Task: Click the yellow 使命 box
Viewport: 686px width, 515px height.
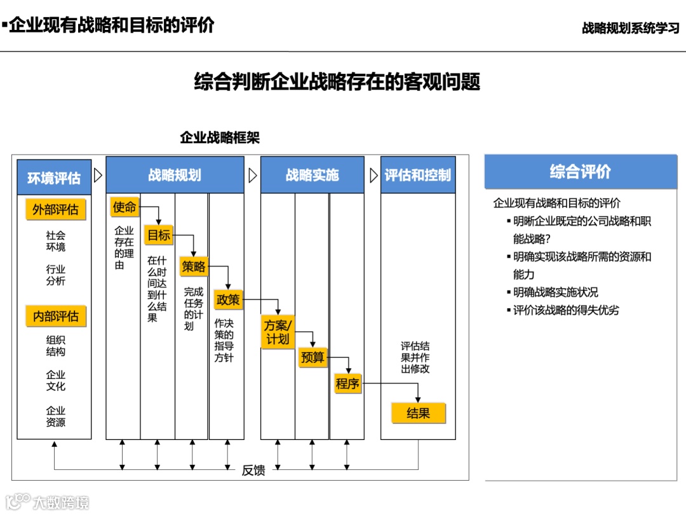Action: point(124,207)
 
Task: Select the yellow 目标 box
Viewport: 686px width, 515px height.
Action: point(159,235)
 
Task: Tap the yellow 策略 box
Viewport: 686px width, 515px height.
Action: point(194,266)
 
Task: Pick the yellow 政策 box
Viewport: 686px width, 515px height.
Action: point(228,299)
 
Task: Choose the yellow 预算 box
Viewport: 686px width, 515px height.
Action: point(313,358)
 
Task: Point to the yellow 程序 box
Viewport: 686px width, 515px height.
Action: point(347,383)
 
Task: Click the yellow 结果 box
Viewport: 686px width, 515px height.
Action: point(418,413)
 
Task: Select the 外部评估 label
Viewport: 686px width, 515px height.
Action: point(55,209)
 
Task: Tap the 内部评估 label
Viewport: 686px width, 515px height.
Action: point(55,316)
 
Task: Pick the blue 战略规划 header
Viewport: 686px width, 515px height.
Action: point(175,175)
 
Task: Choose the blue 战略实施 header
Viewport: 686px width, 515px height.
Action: point(312,175)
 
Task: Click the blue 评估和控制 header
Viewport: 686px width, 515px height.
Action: point(417,175)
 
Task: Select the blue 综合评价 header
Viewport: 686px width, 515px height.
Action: point(581,172)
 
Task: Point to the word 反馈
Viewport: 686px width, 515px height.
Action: point(253,470)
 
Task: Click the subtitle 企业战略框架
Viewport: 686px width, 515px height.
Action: point(220,137)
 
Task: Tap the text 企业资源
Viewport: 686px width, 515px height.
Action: point(55,416)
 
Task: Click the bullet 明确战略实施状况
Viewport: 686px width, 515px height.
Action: point(556,292)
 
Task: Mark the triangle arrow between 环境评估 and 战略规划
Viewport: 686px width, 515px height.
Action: point(98,175)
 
